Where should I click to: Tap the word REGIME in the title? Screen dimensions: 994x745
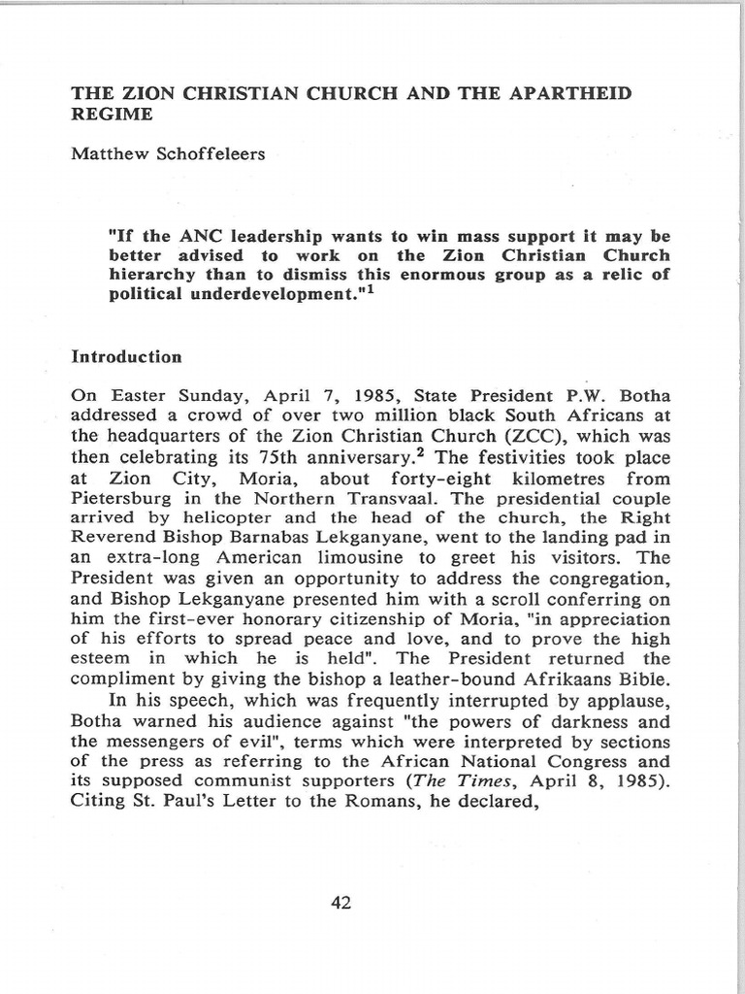tap(113, 115)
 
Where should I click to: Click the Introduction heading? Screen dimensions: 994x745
tap(127, 356)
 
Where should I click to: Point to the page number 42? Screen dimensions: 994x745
tap(340, 903)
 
